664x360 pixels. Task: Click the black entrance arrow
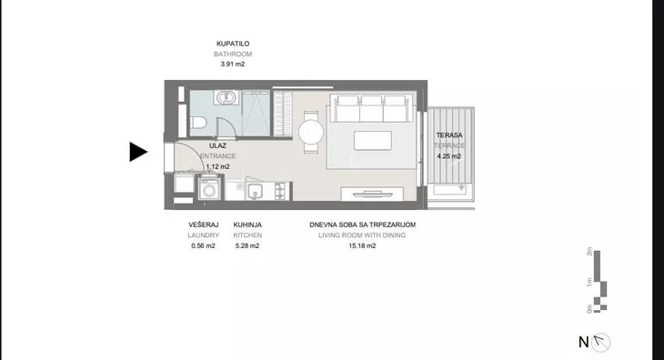coord(137,152)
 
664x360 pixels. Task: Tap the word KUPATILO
coord(233,43)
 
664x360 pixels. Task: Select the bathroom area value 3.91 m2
coord(233,65)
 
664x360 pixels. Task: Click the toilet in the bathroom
coord(199,123)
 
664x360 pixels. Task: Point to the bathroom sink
coord(225,98)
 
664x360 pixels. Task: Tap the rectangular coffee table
coord(374,142)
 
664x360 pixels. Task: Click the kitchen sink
coord(255,190)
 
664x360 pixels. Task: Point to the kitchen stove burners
coord(277,190)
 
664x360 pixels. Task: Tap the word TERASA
coord(449,135)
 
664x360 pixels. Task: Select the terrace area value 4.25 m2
coord(449,156)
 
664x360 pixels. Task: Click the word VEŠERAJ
coord(204,224)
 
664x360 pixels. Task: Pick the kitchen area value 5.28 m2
coord(246,245)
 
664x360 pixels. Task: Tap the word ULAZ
coord(217,145)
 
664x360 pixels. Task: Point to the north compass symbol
coord(601,342)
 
